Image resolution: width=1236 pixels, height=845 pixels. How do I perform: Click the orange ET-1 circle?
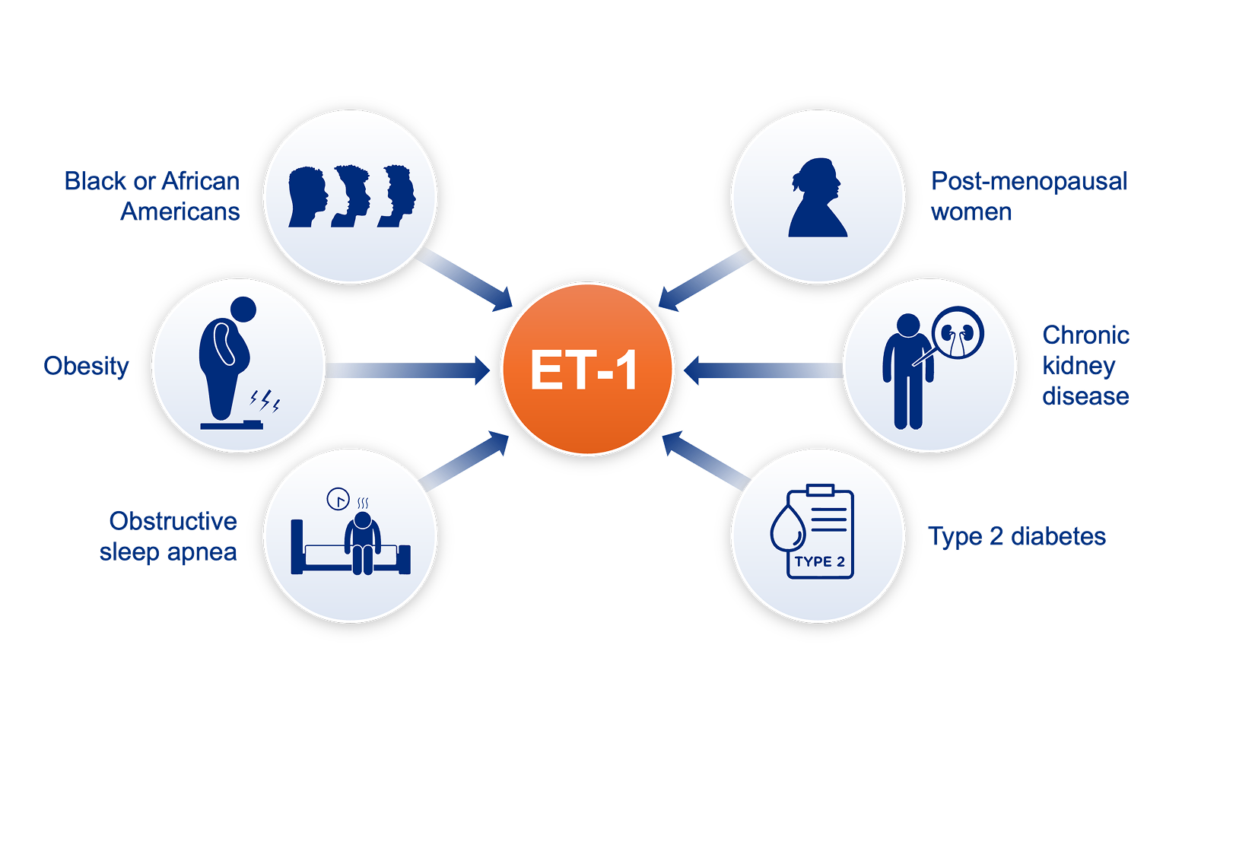click(x=587, y=369)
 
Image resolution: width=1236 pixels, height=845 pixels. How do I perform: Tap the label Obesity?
click(x=86, y=367)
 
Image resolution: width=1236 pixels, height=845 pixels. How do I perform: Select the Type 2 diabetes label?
click(x=1017, y=536)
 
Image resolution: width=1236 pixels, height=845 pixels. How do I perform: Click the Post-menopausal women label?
click(x=1028, y=196)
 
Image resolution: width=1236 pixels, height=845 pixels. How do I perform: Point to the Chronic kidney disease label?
click(x=1085, y=366)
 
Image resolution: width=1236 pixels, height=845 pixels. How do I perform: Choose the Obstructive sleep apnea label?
click(x=169, y=536)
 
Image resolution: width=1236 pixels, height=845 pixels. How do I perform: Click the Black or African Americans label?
click(x=152, y=196)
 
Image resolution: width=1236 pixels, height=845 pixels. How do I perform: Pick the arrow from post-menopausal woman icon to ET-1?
click(x=705, y=281)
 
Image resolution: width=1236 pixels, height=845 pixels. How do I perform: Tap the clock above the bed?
click(x=338, y=499)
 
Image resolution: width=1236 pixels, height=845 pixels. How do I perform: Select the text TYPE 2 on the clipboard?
click(x=820, y=562)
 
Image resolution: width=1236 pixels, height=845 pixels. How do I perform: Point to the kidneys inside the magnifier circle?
click(x=958, y=333)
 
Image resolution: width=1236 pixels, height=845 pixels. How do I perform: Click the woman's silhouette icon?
click(x=818, y=198)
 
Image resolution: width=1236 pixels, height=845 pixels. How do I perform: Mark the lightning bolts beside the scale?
click(x=265, y=400)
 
